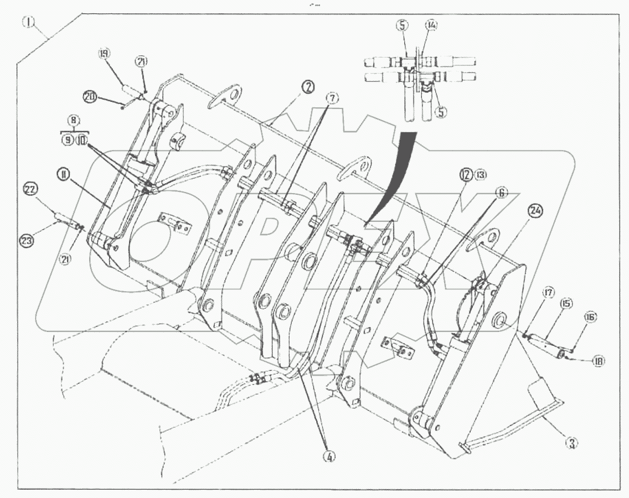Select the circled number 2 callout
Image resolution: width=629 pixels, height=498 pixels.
point(308,87)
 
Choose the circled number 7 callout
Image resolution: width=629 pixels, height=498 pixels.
point(331,98)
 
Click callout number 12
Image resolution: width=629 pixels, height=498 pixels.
point(465,175)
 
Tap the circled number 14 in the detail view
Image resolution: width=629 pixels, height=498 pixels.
point(431,25)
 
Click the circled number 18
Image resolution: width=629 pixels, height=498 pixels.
point(597,361)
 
